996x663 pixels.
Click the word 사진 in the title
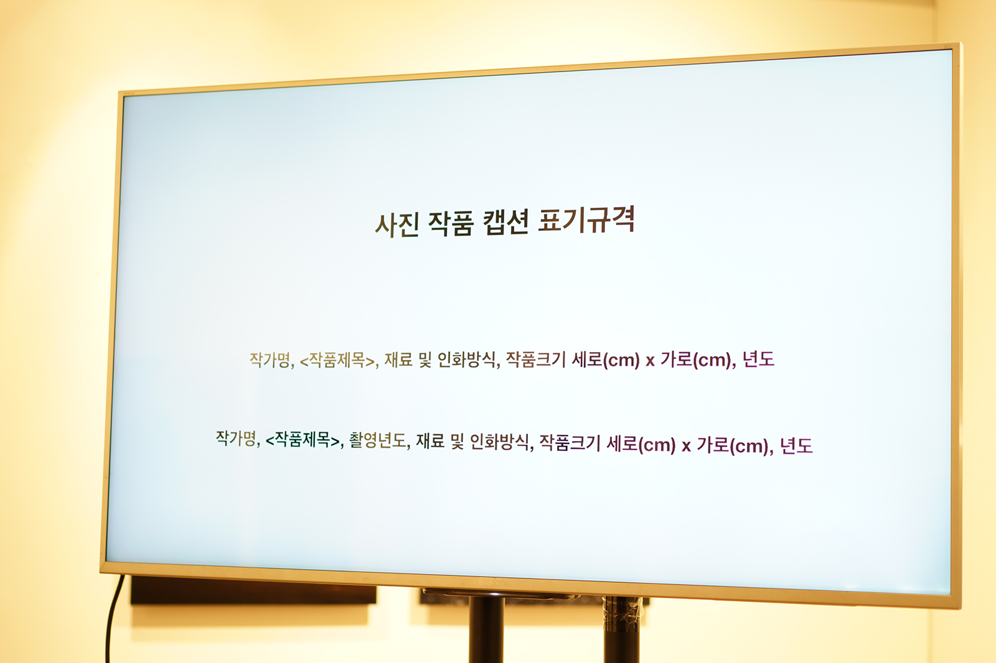[397, 225]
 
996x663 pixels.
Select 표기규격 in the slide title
[586, 220]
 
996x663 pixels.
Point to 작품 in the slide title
[451, 223]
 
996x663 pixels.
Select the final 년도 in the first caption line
[759, 359]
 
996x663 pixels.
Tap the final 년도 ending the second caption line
[796, 445]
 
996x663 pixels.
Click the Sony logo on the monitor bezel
[492, 582]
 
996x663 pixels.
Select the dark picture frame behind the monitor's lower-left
[253, 591]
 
